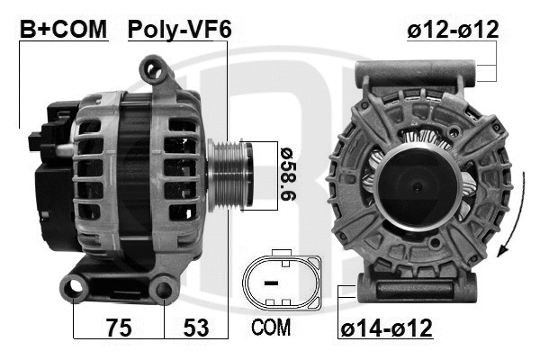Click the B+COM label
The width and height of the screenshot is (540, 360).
pyautogui.click(x=63, y=30)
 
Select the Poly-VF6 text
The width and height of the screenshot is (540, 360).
pyautogui.click(x=179, y=30)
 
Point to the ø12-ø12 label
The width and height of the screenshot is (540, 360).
pyautogui.click(x=453, y=30)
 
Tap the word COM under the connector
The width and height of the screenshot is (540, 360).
pyautogui.click(x=270, y=328)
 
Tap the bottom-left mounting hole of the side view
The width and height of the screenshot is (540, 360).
pyautogui.click(x=73, y=289)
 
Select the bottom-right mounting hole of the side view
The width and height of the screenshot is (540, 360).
pyautogui.click(x=164, y=290)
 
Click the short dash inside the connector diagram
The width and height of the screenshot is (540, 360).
pyautogui.click(x=272, y=283)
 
